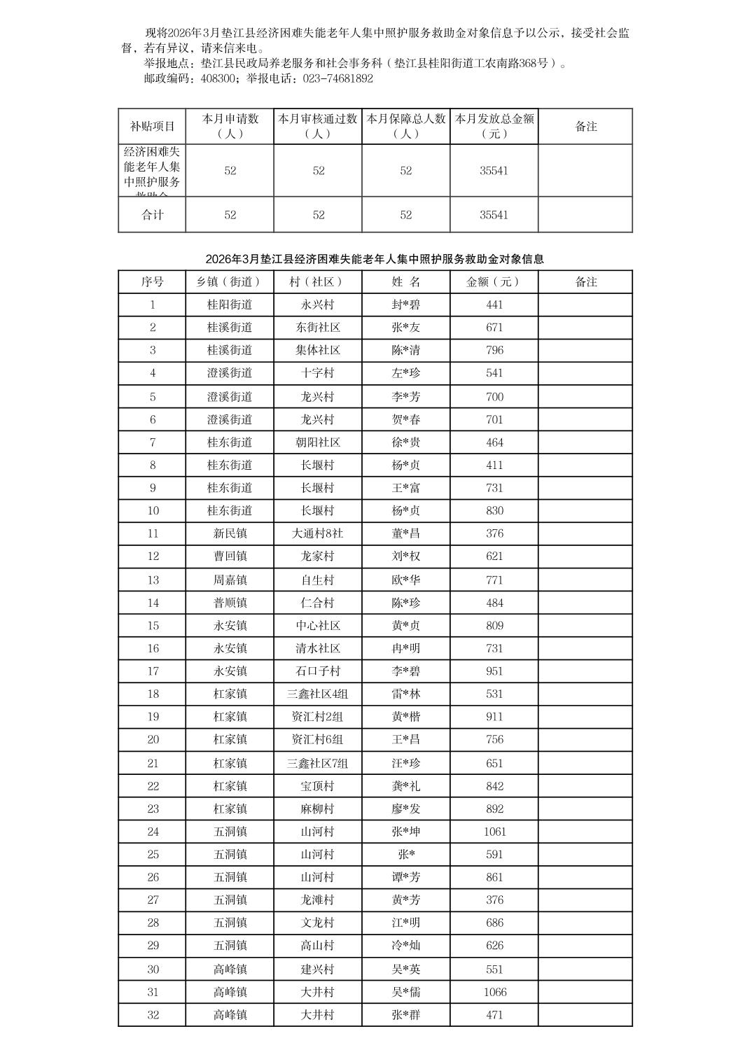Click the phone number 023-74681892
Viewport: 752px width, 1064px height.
338,79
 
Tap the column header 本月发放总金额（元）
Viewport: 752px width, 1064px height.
494,126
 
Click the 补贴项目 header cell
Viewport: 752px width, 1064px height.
152,127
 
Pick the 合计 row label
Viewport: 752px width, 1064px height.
152,215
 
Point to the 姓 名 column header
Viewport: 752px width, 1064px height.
406,282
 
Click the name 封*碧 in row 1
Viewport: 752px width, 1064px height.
406,305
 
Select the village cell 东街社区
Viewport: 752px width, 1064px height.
318,328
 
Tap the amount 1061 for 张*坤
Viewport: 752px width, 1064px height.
494,832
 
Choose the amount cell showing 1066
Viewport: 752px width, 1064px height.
494,992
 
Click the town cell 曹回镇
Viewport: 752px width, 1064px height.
230,556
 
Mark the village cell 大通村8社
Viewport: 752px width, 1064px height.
318,533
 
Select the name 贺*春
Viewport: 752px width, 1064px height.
406,420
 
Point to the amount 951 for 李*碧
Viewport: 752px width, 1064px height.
494,671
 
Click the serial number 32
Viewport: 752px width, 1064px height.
153,1015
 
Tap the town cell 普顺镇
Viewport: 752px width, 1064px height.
230,603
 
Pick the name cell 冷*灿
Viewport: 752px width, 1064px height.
406,946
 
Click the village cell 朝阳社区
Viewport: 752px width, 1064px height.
318,442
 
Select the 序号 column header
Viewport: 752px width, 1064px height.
152,282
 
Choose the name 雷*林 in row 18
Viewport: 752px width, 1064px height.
406,694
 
